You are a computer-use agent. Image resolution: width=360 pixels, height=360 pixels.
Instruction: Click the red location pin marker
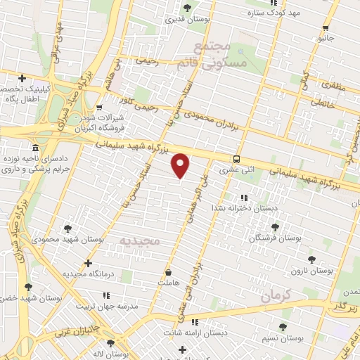[x=181, y=165]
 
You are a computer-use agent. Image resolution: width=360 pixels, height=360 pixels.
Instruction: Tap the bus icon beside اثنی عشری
[x=237, y=159]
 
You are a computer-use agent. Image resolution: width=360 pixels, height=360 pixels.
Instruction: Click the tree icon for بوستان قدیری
[x=186, y=8]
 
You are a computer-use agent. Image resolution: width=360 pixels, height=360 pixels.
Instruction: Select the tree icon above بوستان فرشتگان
[x=274, y=227]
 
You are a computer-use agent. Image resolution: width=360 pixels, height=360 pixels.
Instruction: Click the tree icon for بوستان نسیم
[x=283, y=327]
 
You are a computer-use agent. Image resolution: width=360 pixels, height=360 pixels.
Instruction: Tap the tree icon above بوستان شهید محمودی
[x=67, y=228]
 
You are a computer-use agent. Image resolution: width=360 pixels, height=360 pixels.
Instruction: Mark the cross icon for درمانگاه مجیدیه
[x=87, y=263]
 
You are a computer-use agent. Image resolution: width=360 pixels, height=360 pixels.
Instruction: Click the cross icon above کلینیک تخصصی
[x=22, y=78]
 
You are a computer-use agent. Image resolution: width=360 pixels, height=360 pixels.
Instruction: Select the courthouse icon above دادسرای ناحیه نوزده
[x=36, y=148]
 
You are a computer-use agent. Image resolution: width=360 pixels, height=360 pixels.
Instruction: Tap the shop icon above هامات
[x=168, y=272]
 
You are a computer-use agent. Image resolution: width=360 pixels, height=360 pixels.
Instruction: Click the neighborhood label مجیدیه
[x=141, y=241]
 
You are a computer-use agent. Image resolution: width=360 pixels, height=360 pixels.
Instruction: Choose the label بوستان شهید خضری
[x=27, y=299]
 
